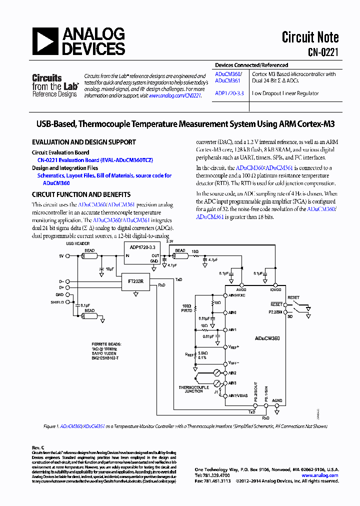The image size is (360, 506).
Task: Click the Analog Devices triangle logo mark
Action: pos(44,41)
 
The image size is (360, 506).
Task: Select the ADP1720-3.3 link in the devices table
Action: pos(229,93)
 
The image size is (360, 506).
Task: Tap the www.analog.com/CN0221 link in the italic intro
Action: pos(174,95)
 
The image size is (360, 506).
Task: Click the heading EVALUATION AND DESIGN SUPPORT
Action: pos(83,142)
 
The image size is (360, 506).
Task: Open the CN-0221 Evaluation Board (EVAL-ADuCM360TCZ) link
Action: pos(95,160)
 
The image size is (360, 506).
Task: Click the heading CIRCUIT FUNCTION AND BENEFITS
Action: pos(81,194)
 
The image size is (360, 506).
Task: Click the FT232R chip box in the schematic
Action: pos(135,281)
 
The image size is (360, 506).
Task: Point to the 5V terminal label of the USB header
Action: pos(61,255)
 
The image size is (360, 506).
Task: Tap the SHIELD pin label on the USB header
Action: pos(57,302)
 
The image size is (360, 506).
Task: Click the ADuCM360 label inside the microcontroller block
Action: pos(269,338)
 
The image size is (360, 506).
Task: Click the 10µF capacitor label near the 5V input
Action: pos(110,269)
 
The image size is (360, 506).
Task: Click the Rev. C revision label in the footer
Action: pos(38,447)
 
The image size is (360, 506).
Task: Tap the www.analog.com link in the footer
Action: pos(320,475)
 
